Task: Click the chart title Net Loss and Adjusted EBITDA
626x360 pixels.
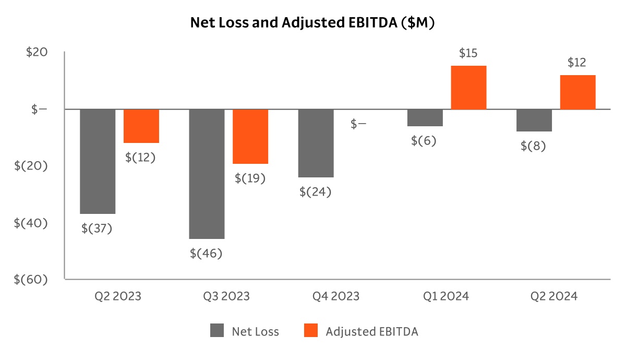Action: pyautogui.click(x=312, y=23)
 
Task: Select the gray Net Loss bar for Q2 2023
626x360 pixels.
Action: pyautogui.click(x=98, y=161)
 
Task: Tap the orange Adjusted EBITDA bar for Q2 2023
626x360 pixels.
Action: pyautogui.click(x=141, y=126)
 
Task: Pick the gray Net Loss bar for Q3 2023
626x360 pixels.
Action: pyautogui.click(x=207, y=174)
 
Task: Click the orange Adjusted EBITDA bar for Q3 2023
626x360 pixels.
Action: pyautogui.click(x=250, y=136)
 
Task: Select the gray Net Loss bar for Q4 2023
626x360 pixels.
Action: pyautogui.click(x=316, y=143)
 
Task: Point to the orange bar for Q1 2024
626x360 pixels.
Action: pyautogui.click(x=468, y=87)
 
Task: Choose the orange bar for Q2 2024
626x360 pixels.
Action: pyautogui.click(x=577, y=92)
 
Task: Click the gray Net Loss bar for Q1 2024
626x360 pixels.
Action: pyautogui.click(x=425, y=117)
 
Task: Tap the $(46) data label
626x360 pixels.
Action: pyautogui.click(x=206, y=254)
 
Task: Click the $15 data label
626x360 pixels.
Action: pyautogui.click(x=468, y=53)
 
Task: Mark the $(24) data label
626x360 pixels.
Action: pyautogui.click(x=315, y=191)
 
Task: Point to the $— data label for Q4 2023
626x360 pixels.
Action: pyautogui.click(x=358, y=124)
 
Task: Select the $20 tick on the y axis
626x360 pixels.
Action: pyautogui.click(x=37, y=53)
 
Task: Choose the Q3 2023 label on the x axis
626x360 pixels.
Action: pyautogui.click(x=226, y=296)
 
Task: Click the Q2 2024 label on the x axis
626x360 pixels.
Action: pyautogui.click(x=554, y=296)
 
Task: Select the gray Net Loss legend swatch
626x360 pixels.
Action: pyautogui.click(x=217, y=331)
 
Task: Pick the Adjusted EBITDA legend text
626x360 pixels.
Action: pyautogui.click(x=371, y=331)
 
